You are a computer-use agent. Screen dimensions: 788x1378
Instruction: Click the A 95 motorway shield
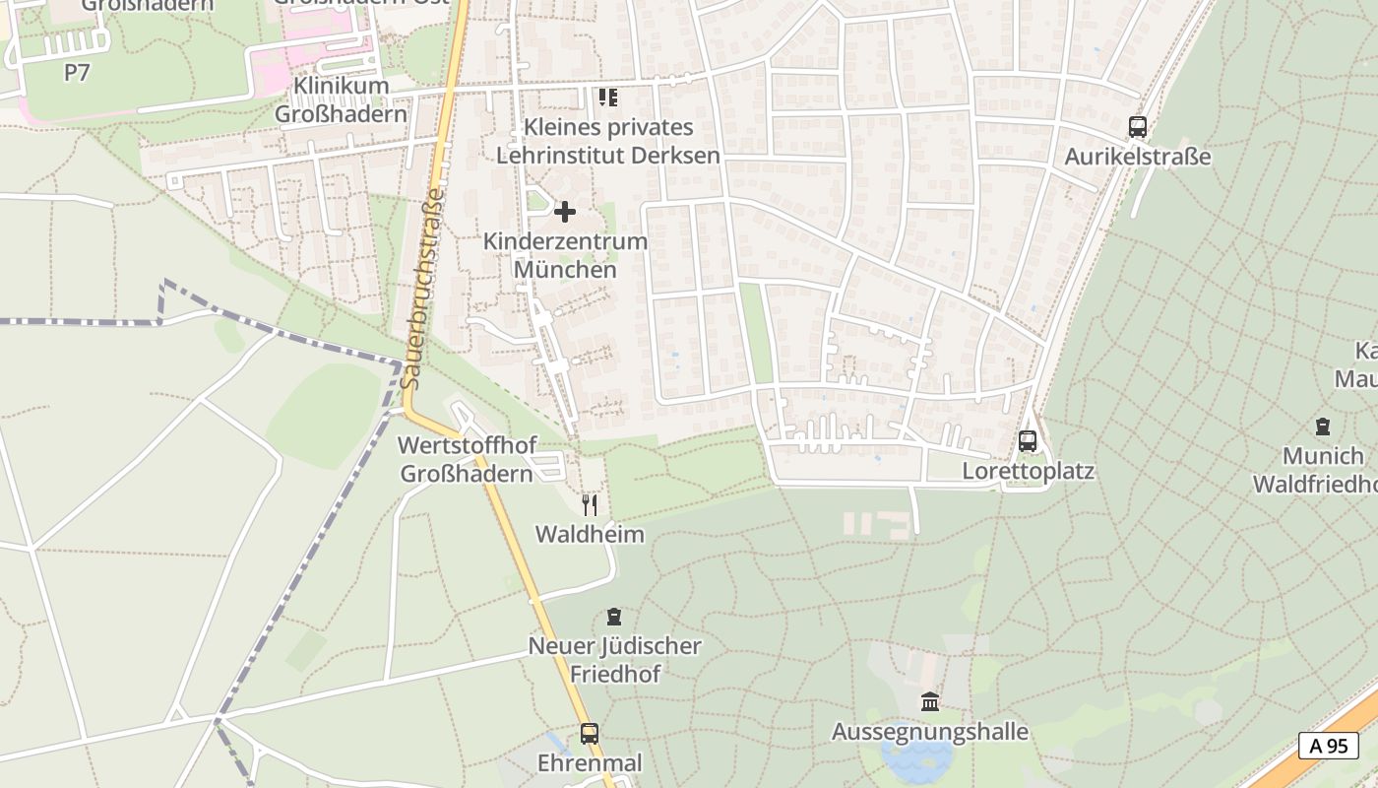tap(1328, 746)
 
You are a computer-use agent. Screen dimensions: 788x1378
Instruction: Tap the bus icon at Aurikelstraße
tap(1137, 127)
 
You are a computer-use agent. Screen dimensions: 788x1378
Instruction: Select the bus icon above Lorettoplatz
tap(1028, 441)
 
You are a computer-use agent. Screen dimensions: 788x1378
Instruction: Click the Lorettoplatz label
tap(1028, 471)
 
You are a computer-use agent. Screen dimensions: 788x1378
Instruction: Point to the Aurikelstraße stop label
tap(1137, 157)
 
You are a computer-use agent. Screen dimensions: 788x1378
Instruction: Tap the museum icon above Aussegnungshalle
tap(929, 702)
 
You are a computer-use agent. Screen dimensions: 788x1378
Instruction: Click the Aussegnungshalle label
tap(929, 732)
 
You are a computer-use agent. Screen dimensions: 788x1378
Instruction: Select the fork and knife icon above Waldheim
tap(590, 505)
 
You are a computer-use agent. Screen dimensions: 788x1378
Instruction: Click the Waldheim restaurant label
tap(590, 535)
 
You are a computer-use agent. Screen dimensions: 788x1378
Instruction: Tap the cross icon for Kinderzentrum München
tap(565, 212)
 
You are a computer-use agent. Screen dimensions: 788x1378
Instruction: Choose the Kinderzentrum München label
tap(565, 255)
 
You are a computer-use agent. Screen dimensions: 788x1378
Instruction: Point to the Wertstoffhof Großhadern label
tap(467, 459)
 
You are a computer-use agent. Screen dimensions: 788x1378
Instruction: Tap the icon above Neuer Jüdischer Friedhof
tap(614, 618)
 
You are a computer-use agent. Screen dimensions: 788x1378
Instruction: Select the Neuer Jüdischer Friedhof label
tap(614, 660)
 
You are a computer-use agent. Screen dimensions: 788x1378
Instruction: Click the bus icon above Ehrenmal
tap(589, 734)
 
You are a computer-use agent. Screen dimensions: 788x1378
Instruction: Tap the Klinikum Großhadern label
tap(341, 99)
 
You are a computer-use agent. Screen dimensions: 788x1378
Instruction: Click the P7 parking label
tap(77, 72)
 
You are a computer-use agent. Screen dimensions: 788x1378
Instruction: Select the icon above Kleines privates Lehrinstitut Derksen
tap(607, 98)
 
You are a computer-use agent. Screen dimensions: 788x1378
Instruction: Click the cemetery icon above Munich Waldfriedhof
tap(1322, 427)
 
